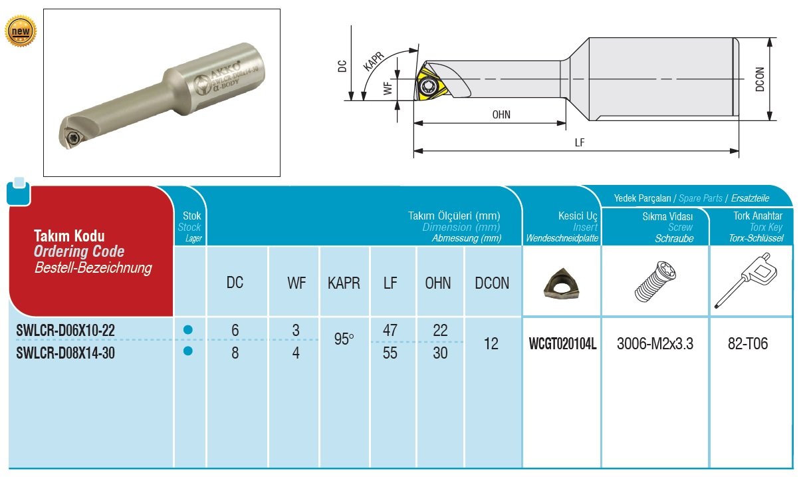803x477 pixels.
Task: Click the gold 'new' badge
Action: point(21,31)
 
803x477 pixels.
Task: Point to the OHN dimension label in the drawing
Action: point(501,114)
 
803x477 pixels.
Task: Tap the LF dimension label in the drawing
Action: point(580,142)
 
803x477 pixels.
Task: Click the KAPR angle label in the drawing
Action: point(373,61)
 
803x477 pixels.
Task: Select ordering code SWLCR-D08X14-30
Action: point(65,353)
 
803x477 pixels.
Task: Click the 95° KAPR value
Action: point(344,340)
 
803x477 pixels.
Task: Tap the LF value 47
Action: point(390,330)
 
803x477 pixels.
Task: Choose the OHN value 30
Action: point(440,353)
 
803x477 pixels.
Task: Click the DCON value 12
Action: point(491,344)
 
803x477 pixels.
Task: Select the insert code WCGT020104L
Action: point(562,345)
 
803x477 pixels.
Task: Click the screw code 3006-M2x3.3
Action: point(655,345)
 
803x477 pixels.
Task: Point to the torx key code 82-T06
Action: point(748,344)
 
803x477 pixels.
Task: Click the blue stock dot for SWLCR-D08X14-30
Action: point(187,351)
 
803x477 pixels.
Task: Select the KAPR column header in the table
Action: point(344,283)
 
